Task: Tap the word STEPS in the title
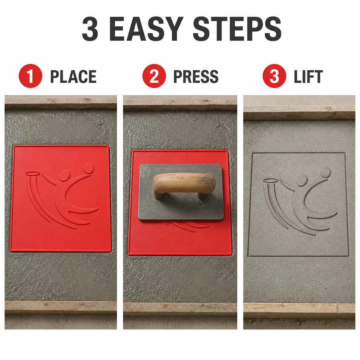coord(237,29)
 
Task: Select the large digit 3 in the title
coord(90,29)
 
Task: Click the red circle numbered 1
coord(31,76)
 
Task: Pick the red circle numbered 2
coord(154,76)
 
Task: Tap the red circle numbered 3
coord(274,76)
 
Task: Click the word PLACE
coord(73,76)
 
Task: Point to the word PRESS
coord(196,76)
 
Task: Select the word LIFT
coord(308,76)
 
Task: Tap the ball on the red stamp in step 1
coord(89,168)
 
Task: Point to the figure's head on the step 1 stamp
coord(65,176)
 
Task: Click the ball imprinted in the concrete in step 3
coord(326,172)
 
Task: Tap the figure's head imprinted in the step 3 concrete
coord(302,180)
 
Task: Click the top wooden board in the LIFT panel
coord(299,113)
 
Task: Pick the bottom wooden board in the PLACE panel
coord(60,307)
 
